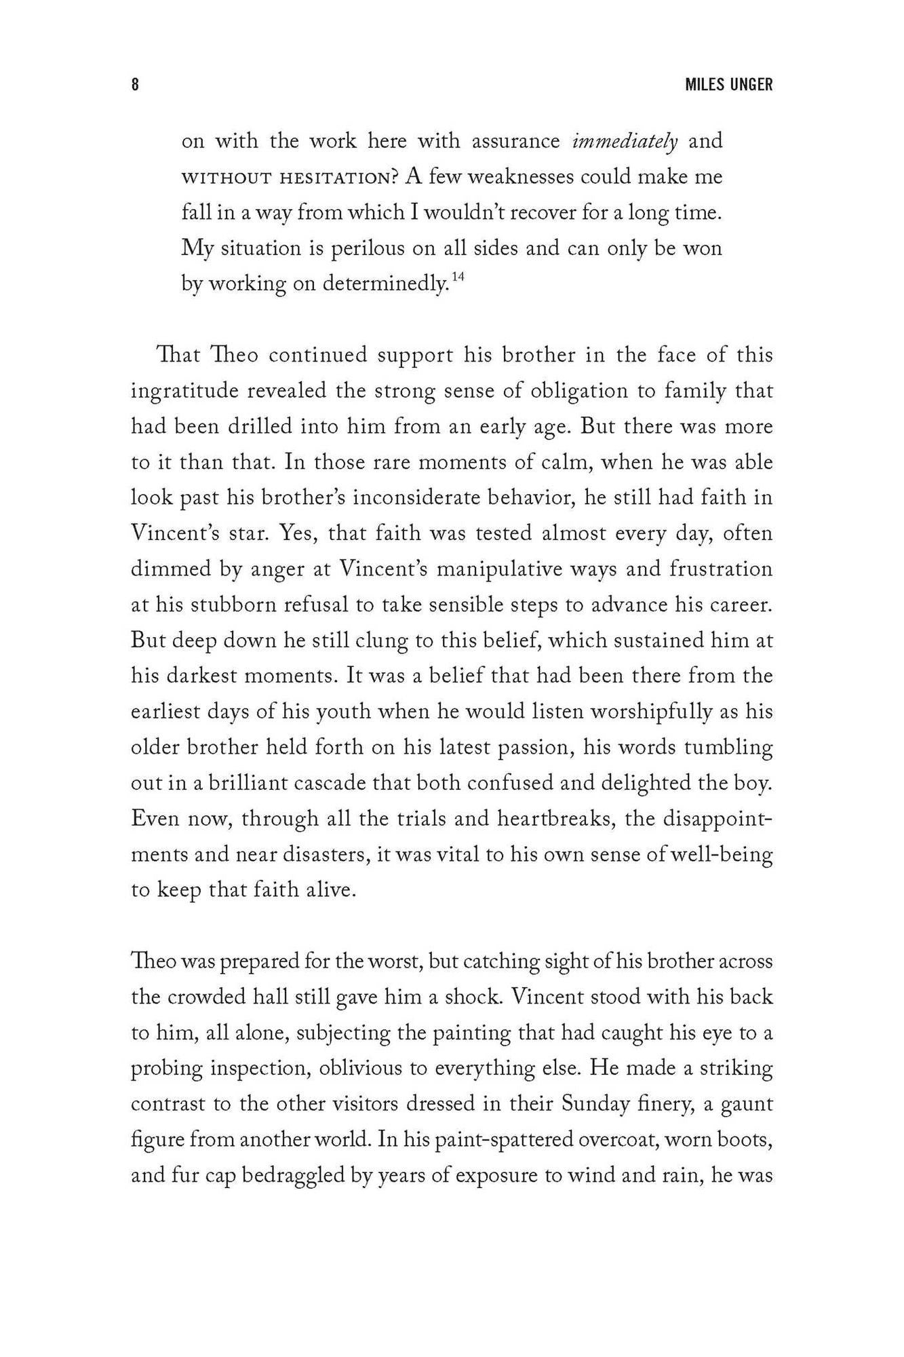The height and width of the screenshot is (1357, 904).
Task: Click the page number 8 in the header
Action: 135,85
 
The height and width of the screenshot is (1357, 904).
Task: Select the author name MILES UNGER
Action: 728,85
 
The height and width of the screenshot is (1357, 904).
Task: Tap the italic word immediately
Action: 624,141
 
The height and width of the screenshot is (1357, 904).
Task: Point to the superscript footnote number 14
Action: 458,276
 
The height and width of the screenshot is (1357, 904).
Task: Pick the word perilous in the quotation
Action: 368,248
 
